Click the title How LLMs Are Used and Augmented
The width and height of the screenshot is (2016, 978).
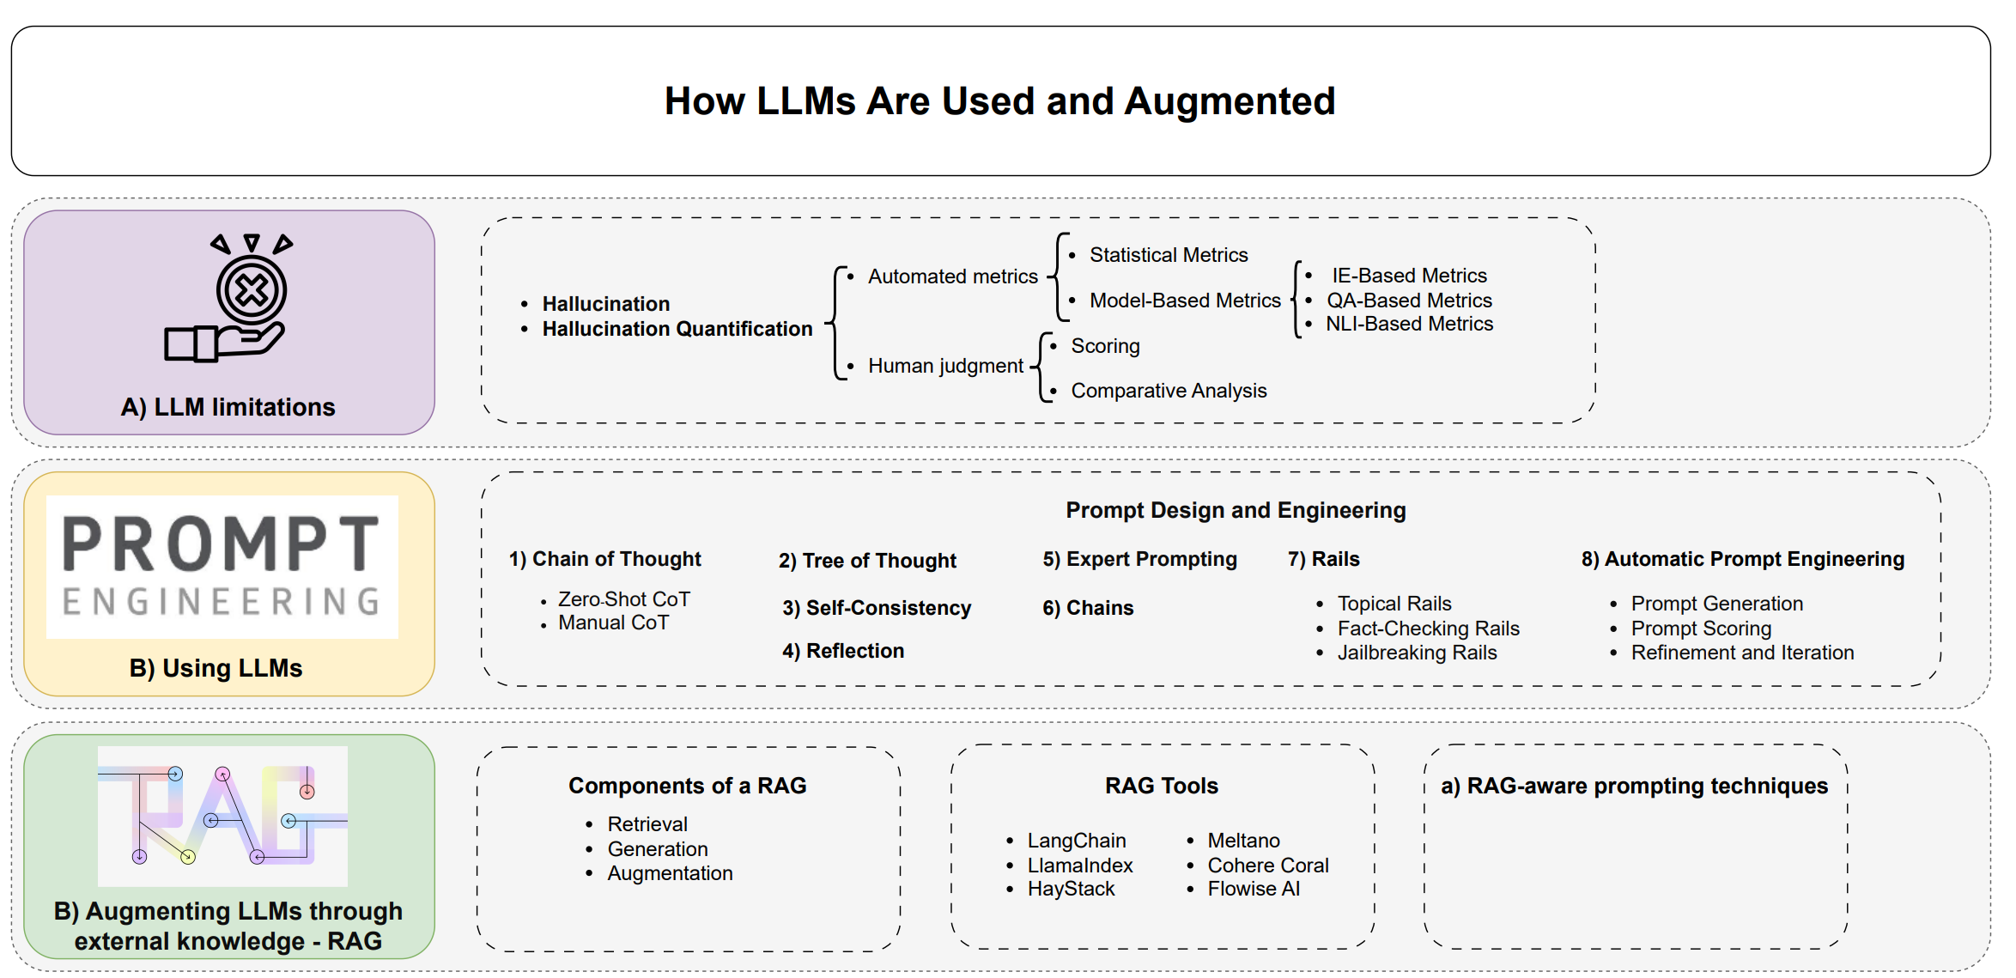[999, 101]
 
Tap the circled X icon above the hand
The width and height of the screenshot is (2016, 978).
[252, 290]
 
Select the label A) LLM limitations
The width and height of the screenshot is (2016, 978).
[228, 407]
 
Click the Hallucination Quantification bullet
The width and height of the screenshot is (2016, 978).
[677, 329]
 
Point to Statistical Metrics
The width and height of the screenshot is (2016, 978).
[1169, 255]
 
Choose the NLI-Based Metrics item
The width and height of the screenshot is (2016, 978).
[1409, 324]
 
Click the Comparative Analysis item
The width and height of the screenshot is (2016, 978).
[1169, 391]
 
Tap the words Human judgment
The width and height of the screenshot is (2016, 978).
[945, 366]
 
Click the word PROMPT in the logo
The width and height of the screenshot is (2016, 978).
[222, 544]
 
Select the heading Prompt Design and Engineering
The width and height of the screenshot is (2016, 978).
[1236, 510]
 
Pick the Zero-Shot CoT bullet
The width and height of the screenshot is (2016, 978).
[623, 599]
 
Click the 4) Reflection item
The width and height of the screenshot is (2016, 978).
[843, 651]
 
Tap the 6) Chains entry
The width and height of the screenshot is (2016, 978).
[1088, 608]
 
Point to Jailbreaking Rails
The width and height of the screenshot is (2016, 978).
[1417, 653]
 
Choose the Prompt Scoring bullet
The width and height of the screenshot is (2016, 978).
[1701, 629]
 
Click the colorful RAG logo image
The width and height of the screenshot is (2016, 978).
[222, 816]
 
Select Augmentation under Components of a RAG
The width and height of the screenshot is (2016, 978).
[670, 873]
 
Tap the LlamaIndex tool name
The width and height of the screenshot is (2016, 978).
[1080, 866]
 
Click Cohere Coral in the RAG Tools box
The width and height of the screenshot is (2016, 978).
[1268, 866]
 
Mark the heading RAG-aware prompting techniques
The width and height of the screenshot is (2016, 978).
[1647, 786]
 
